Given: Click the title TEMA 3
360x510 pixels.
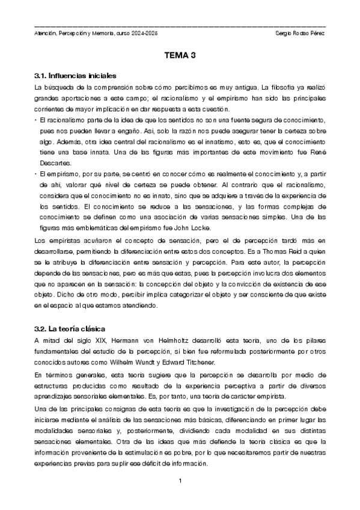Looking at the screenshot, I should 180,55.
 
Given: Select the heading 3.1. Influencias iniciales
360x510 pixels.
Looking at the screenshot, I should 75,76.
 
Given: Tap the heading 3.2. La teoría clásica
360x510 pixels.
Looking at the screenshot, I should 70,329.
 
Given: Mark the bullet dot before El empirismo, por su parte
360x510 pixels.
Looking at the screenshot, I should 36,173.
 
